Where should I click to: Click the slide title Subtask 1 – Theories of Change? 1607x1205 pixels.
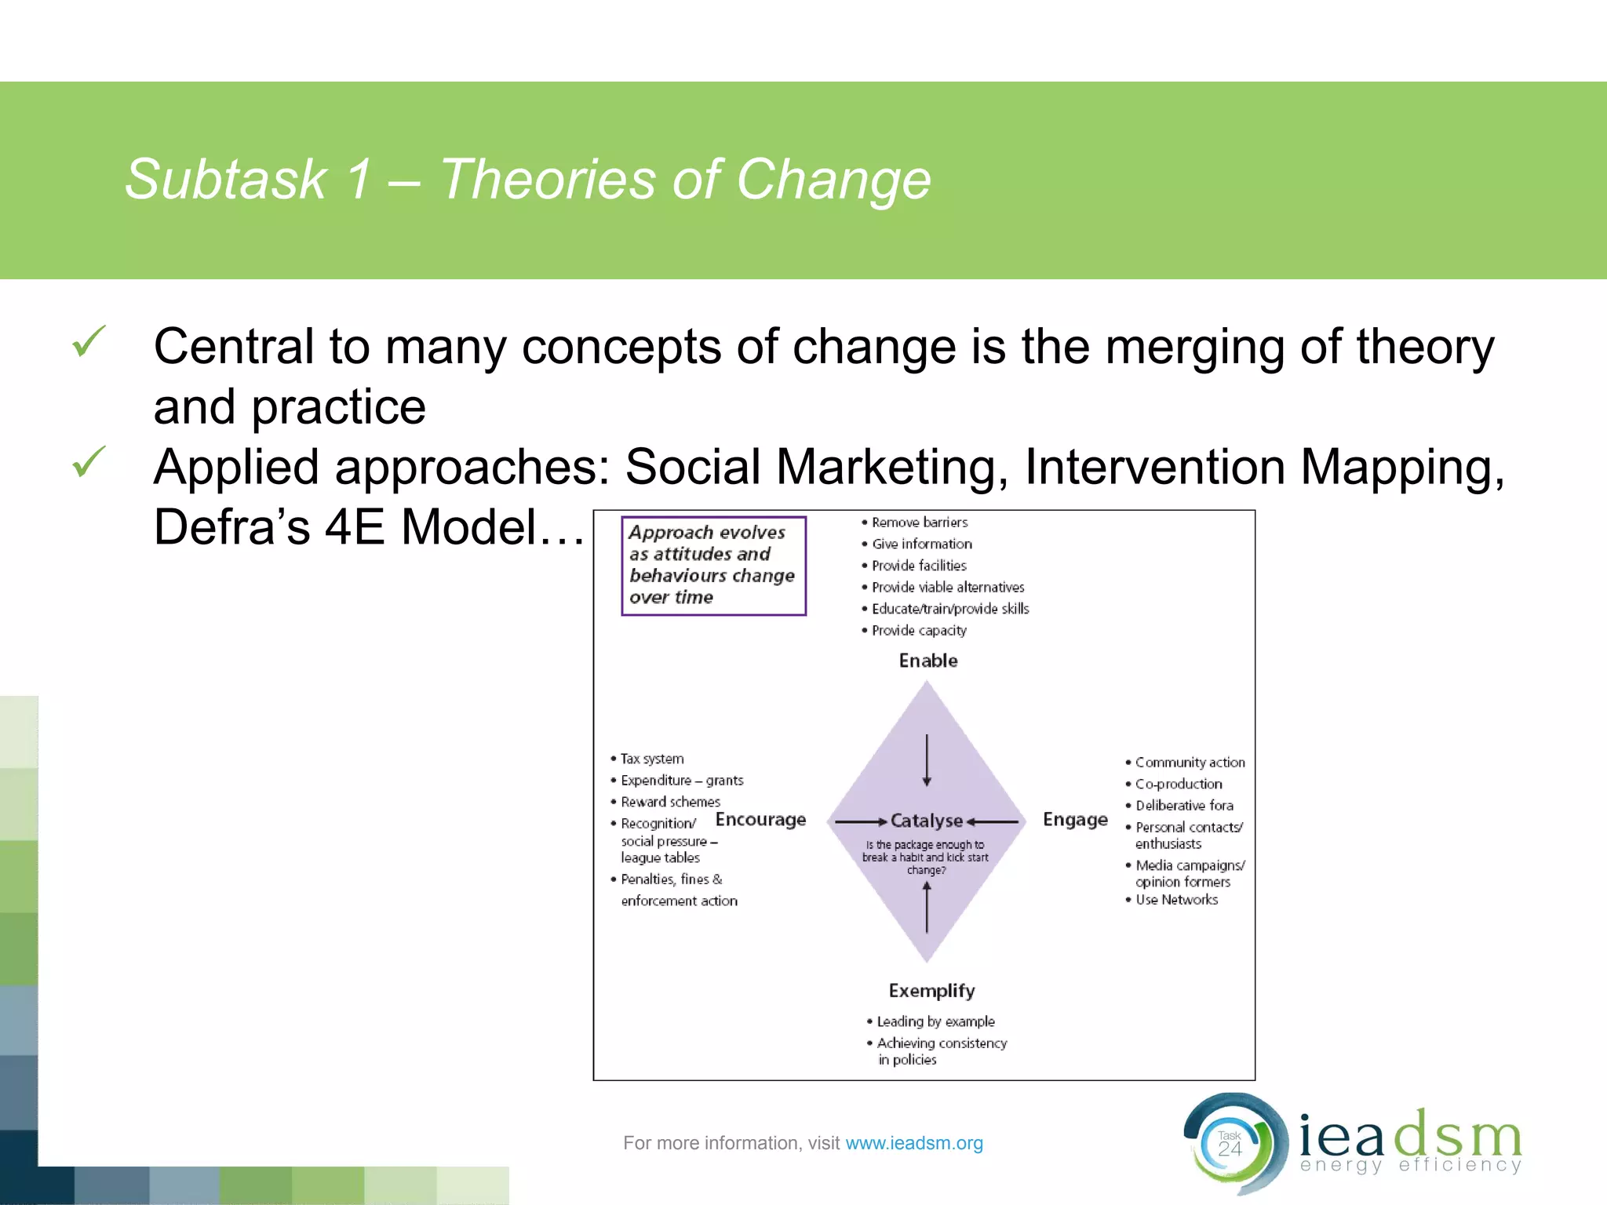(x=527, y=180)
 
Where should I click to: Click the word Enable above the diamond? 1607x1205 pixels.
(x=928, y=661)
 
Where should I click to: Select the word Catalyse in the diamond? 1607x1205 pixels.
(x=926, y=821)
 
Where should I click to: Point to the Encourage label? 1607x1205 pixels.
(x=760, y=820)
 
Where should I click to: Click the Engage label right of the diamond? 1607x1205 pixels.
(x=1075, y=820)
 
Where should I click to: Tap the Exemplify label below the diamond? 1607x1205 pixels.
(x=931, y=991)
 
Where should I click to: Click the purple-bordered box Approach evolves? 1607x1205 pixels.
(x=713, y=565)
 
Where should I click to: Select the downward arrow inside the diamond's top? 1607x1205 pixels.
(x=927, y=759)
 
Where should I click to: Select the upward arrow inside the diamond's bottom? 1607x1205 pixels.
(x=927, y=907)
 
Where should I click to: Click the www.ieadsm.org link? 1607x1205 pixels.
(x=914, y=1143)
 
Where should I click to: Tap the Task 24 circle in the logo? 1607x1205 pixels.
(x=1230, y=1145)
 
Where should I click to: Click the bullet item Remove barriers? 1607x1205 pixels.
(x=919, y=522)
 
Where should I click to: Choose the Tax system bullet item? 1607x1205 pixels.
(x=651, y=759)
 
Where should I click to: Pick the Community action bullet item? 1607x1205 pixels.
(x=1190, y=763)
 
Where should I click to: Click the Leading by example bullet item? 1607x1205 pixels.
(x=935, y=1021)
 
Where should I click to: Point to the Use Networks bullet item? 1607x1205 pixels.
(x=1176, y=900)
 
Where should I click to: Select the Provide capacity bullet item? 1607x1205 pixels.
(x=919, y=631)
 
